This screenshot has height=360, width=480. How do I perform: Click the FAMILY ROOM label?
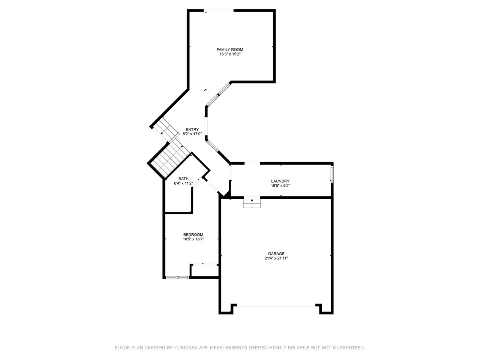tap(229, 49)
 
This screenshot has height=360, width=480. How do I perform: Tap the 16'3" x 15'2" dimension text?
tap(230, 54)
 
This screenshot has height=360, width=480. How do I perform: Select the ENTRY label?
tap(192, 129)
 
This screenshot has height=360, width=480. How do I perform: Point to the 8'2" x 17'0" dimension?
tap(192, 134)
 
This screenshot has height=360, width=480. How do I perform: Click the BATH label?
tap(183, 179)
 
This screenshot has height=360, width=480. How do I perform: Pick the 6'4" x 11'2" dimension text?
tap(183, 183)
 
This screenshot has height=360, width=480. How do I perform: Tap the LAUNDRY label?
tap(280, 181)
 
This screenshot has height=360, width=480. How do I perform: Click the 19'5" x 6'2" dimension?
tap(280, 186)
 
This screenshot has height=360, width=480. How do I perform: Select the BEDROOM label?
tap(193, 234)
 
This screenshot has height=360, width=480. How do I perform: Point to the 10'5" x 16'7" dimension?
tap(193, 239)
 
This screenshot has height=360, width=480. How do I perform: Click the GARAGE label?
tap(276, 253)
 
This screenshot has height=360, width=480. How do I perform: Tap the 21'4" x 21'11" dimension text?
tap(276, 258)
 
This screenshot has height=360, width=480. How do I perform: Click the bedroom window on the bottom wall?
tap(177, 277)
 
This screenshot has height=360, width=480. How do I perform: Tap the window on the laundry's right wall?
tap(332, 174)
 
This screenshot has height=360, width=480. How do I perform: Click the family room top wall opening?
tap(219, 10)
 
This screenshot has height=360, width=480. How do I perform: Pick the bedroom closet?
tap(205, 271)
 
